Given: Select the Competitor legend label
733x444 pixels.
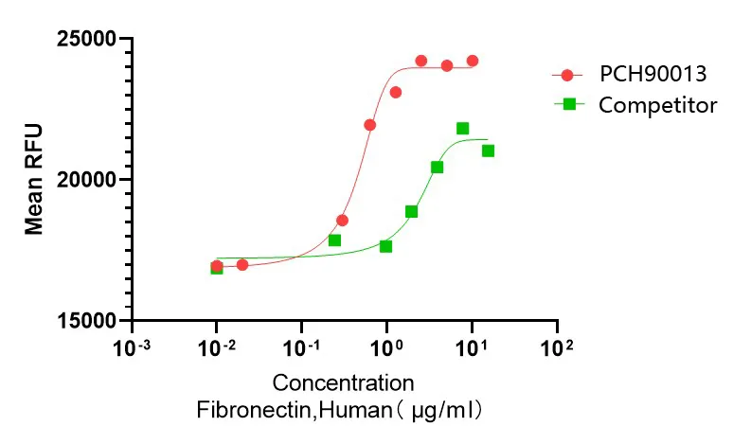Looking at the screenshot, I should tap(657, 104).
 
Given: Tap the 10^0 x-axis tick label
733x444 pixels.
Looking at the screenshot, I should tap(386, 347).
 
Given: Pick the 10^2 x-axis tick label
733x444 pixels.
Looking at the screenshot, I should tap(556, 347).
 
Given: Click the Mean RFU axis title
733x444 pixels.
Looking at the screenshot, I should tap(34, 181).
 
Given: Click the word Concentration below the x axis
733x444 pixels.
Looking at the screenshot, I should tap(343, 383).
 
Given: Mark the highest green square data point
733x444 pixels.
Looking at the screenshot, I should tap(462, 129).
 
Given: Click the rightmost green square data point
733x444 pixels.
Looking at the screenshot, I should tap(488, 151).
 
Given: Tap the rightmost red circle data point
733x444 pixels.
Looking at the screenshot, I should tap(472, 61).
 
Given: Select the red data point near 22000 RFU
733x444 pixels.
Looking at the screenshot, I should tap(369, 125).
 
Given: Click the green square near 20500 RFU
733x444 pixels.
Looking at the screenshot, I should tap(437, 168).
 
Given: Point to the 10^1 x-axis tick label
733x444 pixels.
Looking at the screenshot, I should tap(472, 347).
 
